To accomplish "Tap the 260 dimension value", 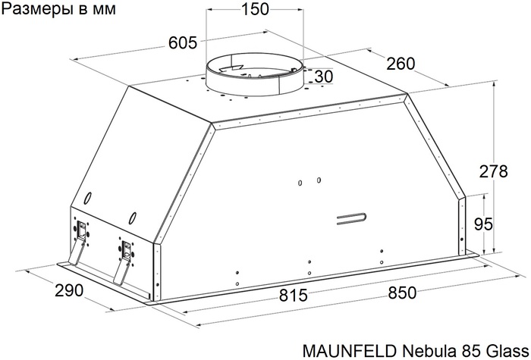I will point(401,64).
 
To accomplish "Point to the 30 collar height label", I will point(324,77).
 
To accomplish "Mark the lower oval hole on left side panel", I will point(132,218).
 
